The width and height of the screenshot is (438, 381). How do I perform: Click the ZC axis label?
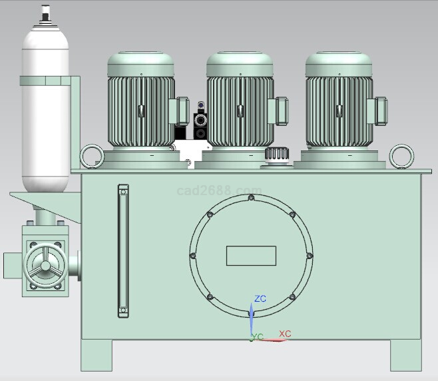pyautogui.click(x=260, y=298)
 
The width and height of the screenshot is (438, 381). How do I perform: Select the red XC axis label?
pyautogui.click(x=285, y=334)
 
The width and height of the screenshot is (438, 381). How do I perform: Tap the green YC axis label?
pyautogui.click(x=257, y=336)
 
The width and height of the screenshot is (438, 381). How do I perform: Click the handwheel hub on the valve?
pyautogui.click(x=45, y=266)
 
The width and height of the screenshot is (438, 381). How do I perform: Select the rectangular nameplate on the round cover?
pyautogui.click(x=251, y=256)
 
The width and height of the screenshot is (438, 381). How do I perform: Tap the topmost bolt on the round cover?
pyautogui.click(x=251, y=198)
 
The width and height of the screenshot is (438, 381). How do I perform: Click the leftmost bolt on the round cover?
pyautogui.click(x=193, y=256)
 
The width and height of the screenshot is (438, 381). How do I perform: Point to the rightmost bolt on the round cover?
pyautogui.click(x=310, y=256)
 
